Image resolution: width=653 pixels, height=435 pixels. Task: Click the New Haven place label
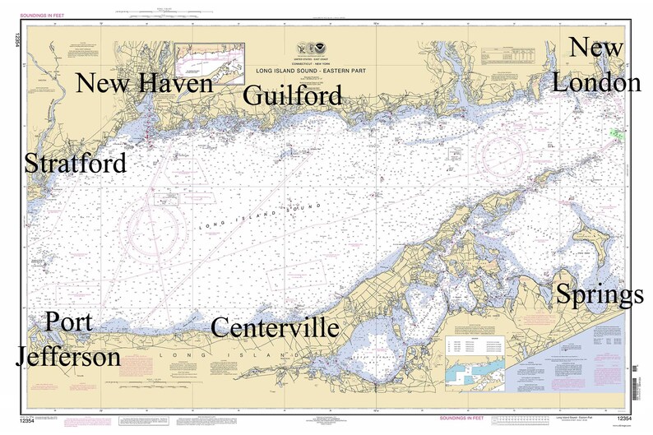pos(144,84)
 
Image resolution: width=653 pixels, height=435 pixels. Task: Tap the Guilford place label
pos(293,96)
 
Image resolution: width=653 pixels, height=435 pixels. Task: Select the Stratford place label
pos(76,163)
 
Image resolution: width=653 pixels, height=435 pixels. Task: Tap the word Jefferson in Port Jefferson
pos(69,357)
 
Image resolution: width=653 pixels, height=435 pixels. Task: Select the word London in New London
pos(596,82)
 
